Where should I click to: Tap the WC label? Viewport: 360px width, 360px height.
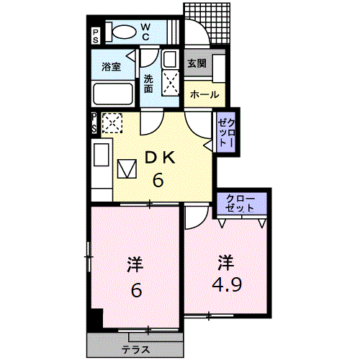tap(145, 32)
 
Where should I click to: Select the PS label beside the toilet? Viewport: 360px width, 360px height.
tap(96, 36)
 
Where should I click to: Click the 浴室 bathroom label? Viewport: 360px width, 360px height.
tap(111, 66)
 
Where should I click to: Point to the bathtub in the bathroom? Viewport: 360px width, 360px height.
tap(113, 94)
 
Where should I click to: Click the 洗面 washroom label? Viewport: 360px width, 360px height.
tap(148, 84)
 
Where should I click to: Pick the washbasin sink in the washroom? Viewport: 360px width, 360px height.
tap(170, 59)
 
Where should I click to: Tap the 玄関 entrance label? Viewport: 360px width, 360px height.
tap(197, 63)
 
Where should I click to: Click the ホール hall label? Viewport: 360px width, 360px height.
tap(204, 95)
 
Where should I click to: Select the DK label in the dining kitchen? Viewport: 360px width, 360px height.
tap(160, 158)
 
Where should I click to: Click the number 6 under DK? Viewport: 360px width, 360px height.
tap(158, 180)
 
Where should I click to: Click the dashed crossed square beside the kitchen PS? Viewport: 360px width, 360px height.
tap(112, 122)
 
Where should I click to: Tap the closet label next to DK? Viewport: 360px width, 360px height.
tap(226, 132)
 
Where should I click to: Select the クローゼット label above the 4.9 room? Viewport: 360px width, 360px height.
tap(240, 204)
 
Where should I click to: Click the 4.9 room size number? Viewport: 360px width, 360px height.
tap(227, 284)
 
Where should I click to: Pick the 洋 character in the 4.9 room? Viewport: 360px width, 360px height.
tap(226, 263)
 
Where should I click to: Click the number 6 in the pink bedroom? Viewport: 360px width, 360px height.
tap(136, 290)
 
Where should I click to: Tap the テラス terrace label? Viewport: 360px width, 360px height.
tap(136, 350)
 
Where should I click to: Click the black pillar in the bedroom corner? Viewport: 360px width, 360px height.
tap(97, 318)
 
